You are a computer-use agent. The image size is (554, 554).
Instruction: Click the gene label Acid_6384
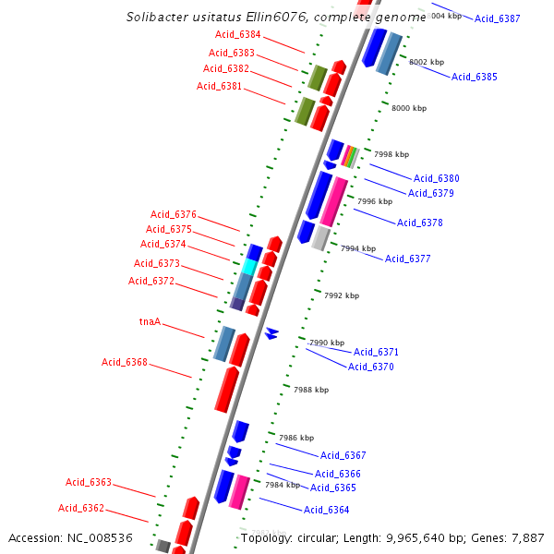(238, 35)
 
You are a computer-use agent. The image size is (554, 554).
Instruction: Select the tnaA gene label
(150, 322)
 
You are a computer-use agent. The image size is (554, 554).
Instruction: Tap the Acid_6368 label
(125, 362)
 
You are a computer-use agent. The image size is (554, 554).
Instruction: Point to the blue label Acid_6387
(498, 18)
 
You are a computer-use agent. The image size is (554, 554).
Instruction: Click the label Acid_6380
(436, 178)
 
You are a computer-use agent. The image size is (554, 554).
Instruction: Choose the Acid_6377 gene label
(407, 259)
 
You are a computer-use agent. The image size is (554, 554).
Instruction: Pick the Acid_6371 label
(376, 352)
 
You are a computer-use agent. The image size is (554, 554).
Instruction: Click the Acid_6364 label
(326, 510)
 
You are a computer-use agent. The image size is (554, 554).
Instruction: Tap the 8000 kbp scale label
(409, 108)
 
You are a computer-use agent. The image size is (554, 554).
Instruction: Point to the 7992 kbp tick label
(342, 295)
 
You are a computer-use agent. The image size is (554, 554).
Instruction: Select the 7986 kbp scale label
(296, 438)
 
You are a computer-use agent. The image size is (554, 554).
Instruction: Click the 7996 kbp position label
(375, 201)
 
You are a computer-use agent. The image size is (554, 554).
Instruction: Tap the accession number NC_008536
(102, 537)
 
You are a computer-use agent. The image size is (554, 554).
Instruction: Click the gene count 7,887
(527, 537)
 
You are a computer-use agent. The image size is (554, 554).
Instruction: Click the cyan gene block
(249, 267)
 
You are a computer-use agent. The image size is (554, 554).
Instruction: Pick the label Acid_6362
(81, 508)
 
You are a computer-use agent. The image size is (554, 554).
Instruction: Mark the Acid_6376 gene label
(174, 214)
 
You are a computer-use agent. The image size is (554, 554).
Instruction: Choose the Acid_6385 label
(475, 77)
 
